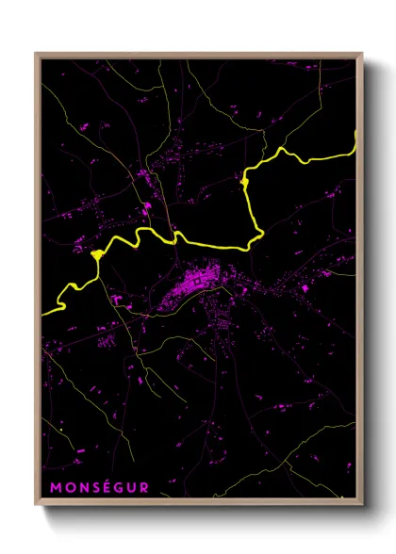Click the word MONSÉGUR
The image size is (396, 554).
99,487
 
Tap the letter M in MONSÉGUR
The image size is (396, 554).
55,487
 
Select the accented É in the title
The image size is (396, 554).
106,487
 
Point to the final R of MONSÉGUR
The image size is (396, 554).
144,487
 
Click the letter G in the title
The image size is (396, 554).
119,487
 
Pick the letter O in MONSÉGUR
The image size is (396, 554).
68,487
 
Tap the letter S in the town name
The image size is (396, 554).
93,487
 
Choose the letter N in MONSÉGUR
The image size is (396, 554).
81,487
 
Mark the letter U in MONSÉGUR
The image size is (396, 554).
132,487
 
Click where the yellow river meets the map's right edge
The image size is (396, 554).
355,141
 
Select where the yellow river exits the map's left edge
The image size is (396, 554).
43,312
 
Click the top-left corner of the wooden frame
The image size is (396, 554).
36,54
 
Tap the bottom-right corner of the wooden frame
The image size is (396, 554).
362,508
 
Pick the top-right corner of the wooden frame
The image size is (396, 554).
362,54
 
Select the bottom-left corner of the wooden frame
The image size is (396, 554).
36,508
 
